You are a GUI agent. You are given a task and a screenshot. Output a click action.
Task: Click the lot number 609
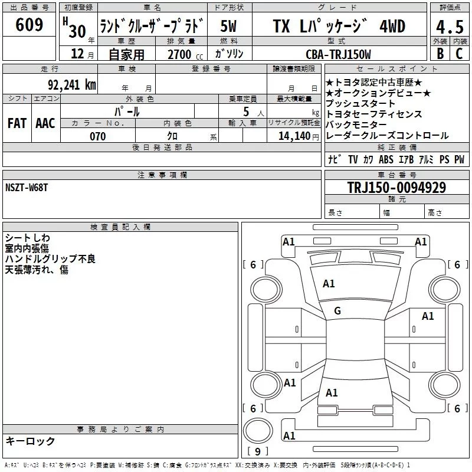[x=29, y=25]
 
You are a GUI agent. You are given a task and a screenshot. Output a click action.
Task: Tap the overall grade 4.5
[x=450, y=27]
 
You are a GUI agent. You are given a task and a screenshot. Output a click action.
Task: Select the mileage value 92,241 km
[x=72, y=85]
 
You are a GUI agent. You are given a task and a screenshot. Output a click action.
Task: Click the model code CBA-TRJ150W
[x=338, y=54]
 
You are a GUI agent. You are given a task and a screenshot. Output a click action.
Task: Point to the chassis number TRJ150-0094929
[x=396, y=188]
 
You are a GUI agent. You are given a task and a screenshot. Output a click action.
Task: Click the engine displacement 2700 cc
[x=185, y=54]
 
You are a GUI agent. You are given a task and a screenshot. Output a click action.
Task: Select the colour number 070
[x=98, y=136]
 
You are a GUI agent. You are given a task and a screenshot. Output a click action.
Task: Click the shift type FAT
[x=17, y=123]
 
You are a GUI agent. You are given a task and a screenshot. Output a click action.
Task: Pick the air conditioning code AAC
[x=45, y=123]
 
